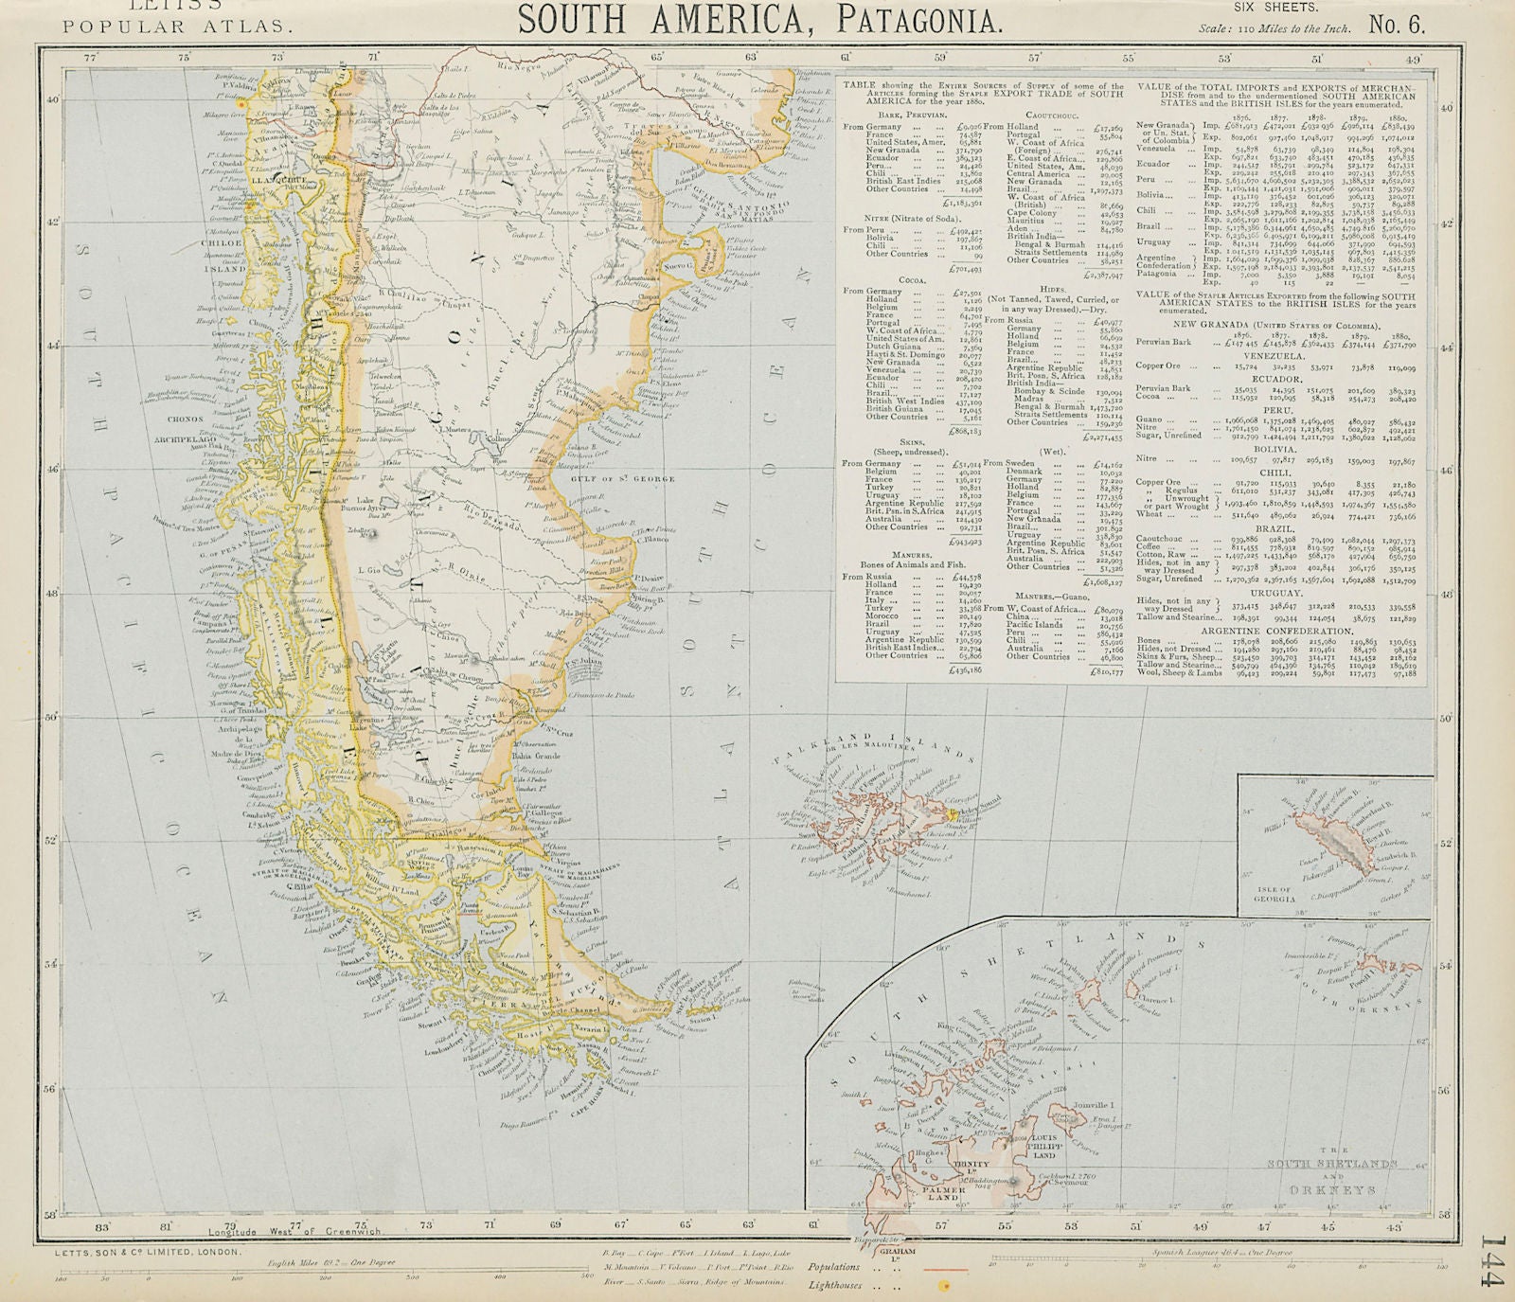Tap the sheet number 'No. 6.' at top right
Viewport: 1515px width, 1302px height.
pos(1396,25)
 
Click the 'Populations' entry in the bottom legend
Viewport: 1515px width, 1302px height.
pos(833,1267)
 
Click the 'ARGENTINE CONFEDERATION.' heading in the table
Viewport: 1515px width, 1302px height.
pos(1276,631)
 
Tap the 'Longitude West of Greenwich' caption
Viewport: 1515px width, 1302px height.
pos(266,1231)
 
